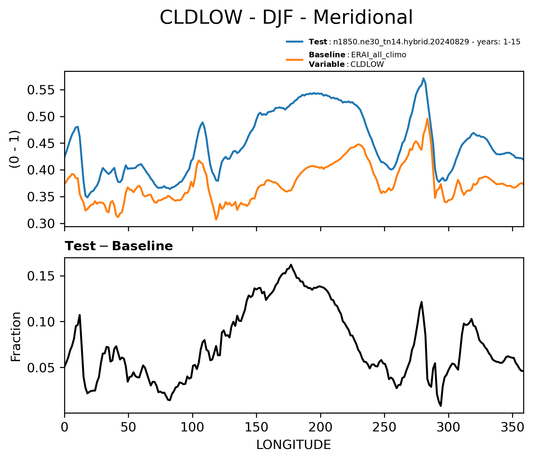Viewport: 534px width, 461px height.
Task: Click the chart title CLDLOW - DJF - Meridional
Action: (x=286, y=17)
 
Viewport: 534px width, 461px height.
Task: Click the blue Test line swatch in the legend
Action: (x=296, y=42)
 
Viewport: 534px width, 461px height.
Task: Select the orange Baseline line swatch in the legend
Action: (x=296, y=59)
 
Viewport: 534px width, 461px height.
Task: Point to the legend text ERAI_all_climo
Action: (x=379, y=55)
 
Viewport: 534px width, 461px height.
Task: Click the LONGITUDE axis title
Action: (x=294, y=445)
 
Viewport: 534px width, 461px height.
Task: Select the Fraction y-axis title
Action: (x=16, y=337)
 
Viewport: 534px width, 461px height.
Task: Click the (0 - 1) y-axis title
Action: (x=15, y=149)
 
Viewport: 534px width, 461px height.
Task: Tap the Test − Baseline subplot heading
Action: (x=119, y=246)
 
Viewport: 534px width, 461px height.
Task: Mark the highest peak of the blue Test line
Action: (x=424, y=78)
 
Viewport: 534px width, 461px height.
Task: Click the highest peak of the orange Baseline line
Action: (x=427, y=119)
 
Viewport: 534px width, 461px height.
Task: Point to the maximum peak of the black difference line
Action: (x=291, y=265)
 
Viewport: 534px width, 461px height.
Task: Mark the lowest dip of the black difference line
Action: (x=441, y=406)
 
